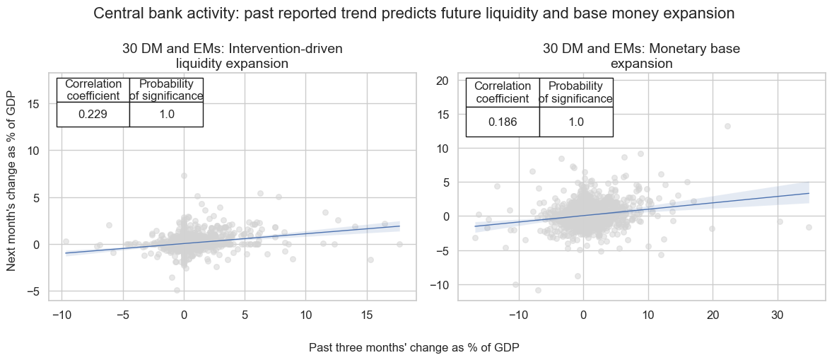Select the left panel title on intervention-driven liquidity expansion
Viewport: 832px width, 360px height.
point(232,57)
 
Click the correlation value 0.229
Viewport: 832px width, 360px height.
point(93,115)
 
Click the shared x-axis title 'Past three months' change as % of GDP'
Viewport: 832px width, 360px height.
point(414,348)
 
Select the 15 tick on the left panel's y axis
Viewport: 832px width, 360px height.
point(34,104)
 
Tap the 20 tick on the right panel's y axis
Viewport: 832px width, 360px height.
point(443,81)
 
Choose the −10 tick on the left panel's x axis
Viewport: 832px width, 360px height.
point(61,315)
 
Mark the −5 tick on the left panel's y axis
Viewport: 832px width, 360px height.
point(34,291)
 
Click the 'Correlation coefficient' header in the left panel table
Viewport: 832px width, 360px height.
point(93,90)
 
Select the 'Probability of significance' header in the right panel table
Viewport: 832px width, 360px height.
point(576,92)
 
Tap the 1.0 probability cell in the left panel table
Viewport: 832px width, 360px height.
point(167,115)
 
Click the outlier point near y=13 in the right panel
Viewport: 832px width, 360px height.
point(727,126)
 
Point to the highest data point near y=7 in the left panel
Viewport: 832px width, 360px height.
point(184,175)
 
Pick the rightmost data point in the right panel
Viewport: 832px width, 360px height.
point(809,227)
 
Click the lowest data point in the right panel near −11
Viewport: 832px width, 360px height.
point(538,290)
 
